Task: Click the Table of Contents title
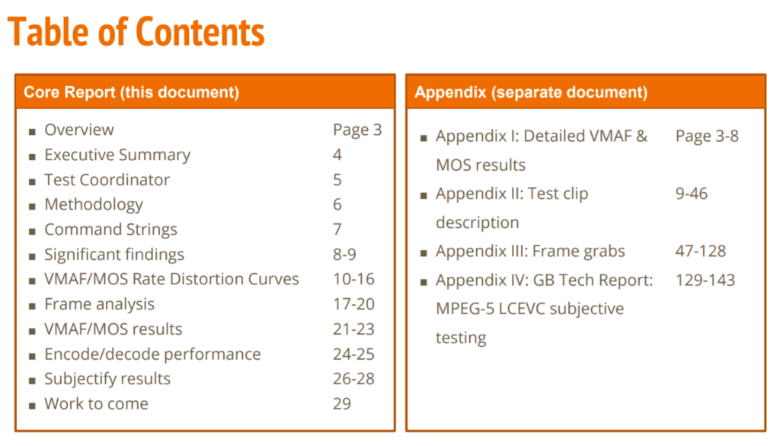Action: tap(136, 31)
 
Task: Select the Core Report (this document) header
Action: tap(131, 92)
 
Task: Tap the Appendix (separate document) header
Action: tap(531, 92)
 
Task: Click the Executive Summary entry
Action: tap(117, 155)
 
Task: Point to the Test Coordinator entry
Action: tap(107, 180)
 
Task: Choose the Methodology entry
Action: tap(94, 204)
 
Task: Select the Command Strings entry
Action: tap(111, 229)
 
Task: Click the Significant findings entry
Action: tap(114, 255)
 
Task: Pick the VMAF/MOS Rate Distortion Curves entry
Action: tap(171, 279)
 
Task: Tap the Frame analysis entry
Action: tap(100, 304)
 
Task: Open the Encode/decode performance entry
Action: tap(152, 354)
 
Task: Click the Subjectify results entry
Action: tap(107, 379)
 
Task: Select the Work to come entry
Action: tap(97, 404)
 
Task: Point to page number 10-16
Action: tap(353, 279)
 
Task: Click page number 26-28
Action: tap(353, 379)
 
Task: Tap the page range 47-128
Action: tap(701, 251)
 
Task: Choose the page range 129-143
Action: tap(705, 280)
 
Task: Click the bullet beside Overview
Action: tap(32, 132)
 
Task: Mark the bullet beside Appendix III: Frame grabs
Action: tap(424, 253)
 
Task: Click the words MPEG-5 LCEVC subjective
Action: tap(530, 309)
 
